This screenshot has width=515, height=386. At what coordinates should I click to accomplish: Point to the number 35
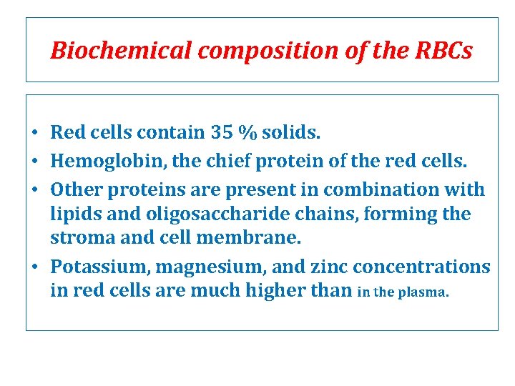pyautogui.click(x=222, y=132)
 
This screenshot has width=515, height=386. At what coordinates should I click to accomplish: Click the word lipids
pyautogui.click(x=71, y=214)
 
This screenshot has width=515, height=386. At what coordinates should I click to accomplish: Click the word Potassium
pyautogui.click(x=99, y=267)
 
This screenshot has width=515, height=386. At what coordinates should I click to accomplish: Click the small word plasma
pyautogui.click(x=428, y=292)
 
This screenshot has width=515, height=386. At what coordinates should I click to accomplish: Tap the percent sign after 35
pyautogui.click(x=248, y=132)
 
